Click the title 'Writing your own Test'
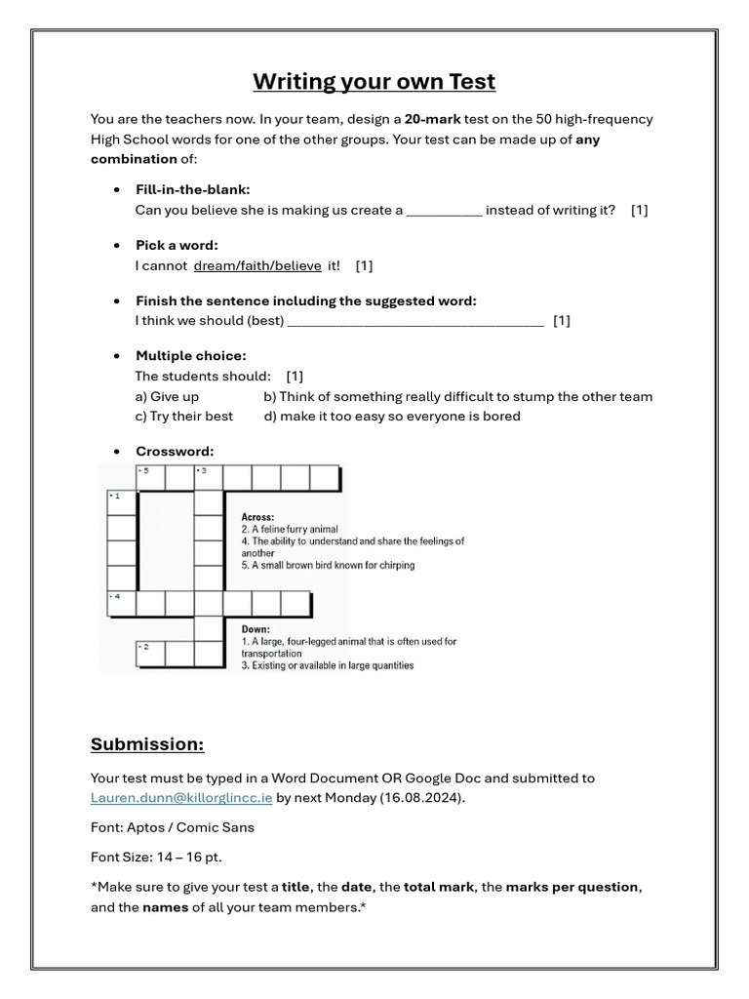374,81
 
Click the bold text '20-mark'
433,119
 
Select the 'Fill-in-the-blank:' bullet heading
192,189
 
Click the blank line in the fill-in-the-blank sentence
444,210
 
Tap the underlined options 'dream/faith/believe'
257,265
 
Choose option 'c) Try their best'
184,416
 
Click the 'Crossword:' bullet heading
175,451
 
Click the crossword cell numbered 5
150,478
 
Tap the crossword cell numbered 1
121,503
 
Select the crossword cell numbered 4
121,603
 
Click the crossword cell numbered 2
150,654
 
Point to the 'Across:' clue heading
258,517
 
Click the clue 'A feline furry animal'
290,530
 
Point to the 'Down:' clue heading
256,629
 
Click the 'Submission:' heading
147,744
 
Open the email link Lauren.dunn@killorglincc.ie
181,797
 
